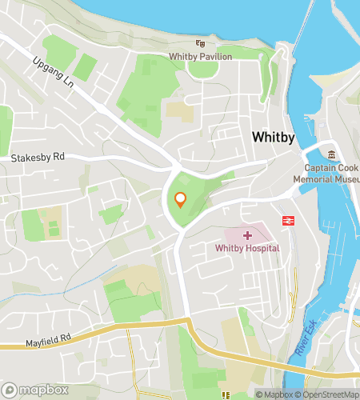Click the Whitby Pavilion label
point(200,56)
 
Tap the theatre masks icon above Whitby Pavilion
point(200,44)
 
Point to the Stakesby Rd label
point(37,158)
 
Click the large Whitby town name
point(274,138)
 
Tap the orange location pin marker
point(180,200)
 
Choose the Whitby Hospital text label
point(247,249)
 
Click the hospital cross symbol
point(247,235)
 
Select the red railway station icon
point(286,220)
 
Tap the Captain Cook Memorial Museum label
point(331,174)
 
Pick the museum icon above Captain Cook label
point(331,154)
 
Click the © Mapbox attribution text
point(274,394)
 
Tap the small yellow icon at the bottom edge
point(228,395)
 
